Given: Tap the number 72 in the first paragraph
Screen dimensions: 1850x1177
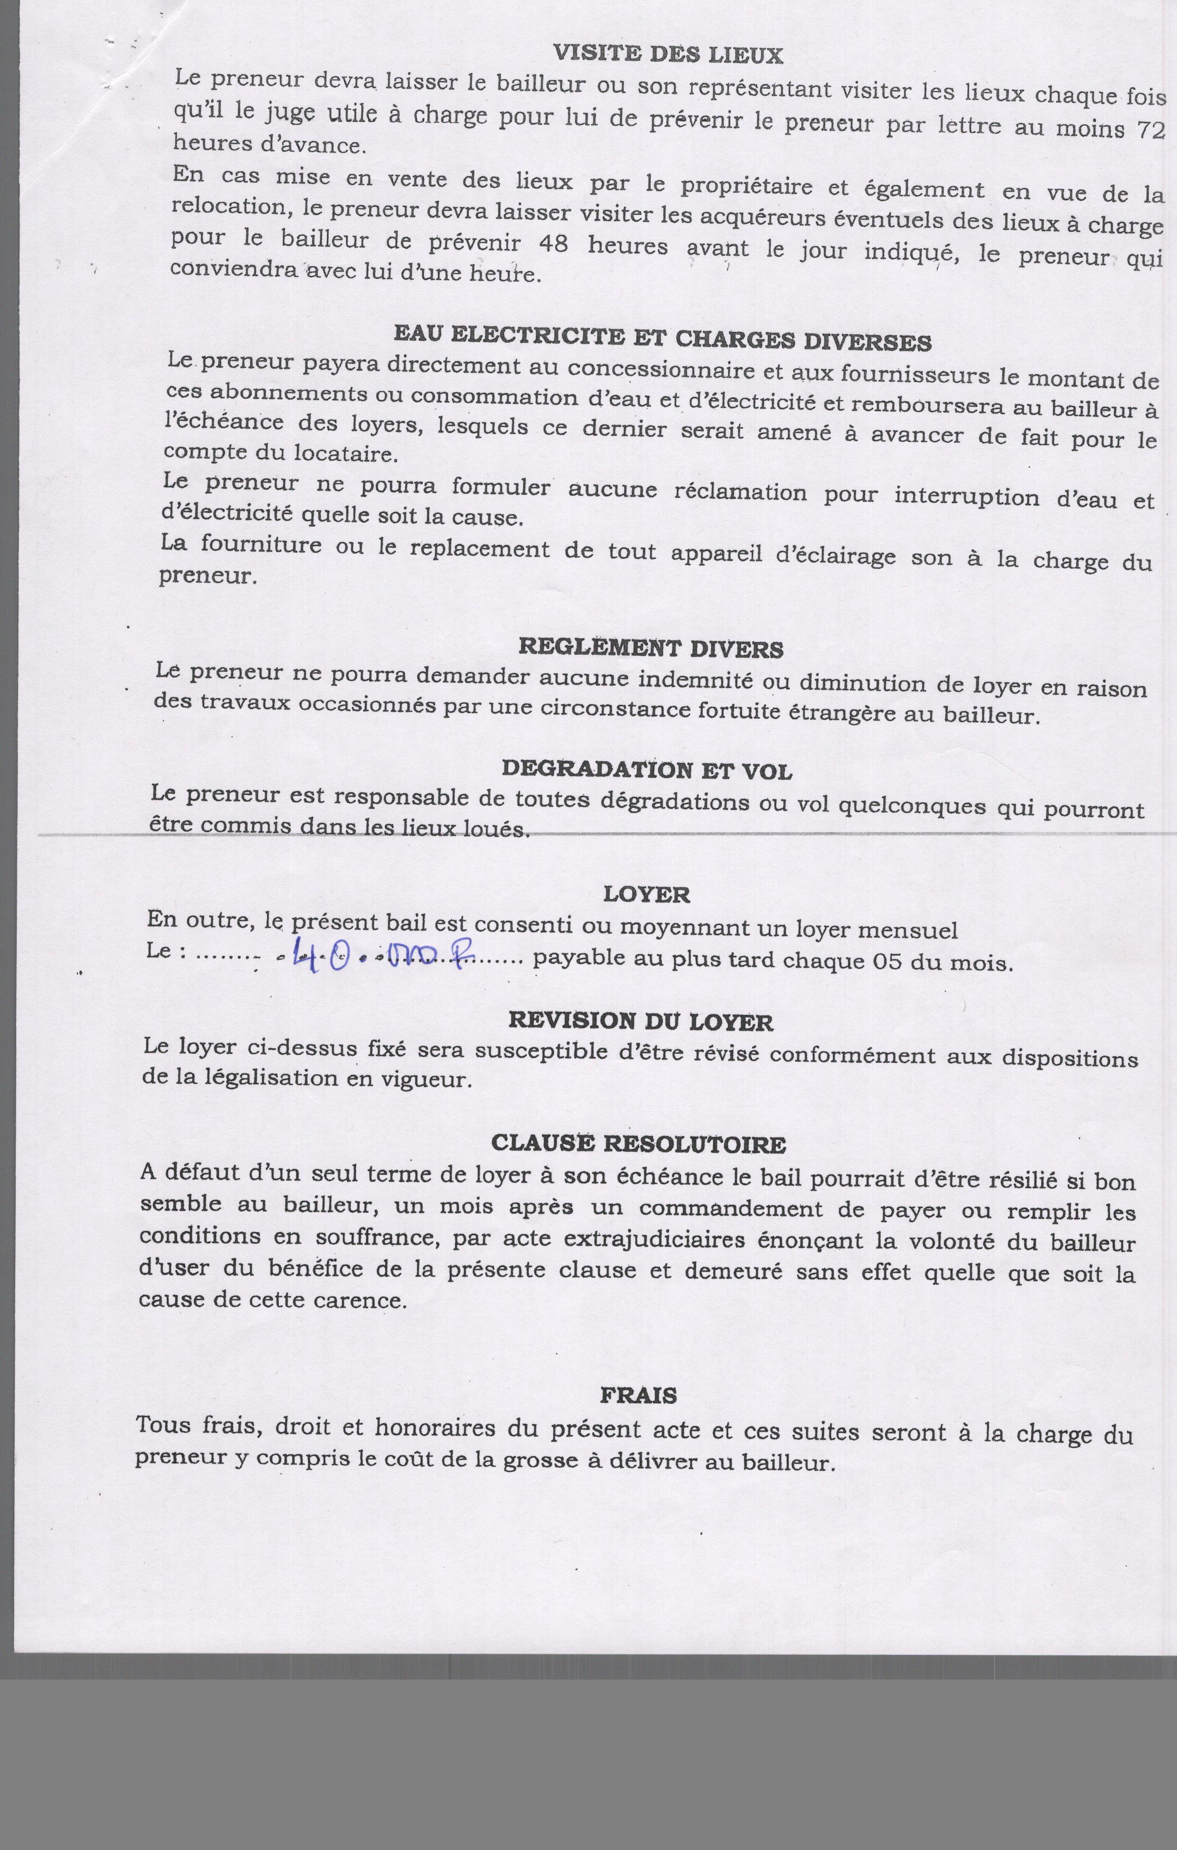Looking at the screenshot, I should point(1150,129).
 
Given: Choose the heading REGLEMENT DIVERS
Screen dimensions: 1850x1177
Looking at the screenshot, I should point(651,648).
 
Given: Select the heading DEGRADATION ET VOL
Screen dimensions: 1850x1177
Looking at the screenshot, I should point(647,770).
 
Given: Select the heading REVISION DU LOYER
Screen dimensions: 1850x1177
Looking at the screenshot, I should point(641,1021).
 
